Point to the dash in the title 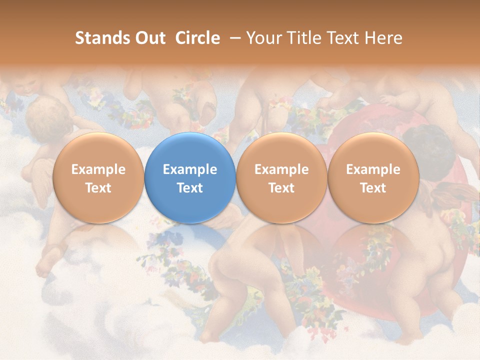pos(233,38)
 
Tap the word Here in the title pos(384,38)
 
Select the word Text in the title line pos(343,38)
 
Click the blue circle pos(190,178)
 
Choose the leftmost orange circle pos(98,178)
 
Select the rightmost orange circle pos(373,178)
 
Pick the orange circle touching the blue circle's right pos(281,178)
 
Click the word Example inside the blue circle pos(190,169)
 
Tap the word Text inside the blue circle pos(190,188)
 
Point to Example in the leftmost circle pos(98,169)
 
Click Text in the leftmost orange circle pos(98,188)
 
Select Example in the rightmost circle pos(373,169)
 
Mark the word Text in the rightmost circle pos(373,188)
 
